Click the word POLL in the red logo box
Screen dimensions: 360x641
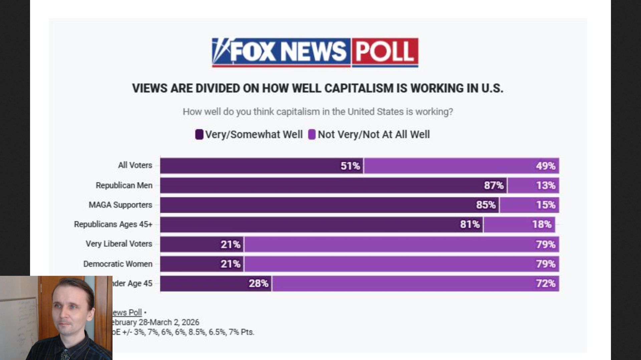coord(385,52)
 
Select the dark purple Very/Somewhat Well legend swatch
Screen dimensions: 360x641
coord(199,135)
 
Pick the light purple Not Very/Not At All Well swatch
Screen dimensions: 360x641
coord(312,135)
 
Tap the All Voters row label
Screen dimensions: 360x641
coord(135,165)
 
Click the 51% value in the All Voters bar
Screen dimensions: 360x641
coord(350,166)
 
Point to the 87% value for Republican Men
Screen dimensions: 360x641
coord(493,185)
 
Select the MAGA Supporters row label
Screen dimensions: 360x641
coord(120,205)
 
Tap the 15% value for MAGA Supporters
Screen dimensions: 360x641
coord(546,205)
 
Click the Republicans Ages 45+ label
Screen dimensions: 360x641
coord(113,224)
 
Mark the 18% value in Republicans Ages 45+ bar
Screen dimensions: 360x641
coord(542,224)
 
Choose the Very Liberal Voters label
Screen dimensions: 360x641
coord(119,244)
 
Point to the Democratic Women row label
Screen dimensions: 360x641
coord(118,264)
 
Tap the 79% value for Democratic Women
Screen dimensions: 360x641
coord(546,264)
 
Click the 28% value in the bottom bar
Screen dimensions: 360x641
coord(258,284)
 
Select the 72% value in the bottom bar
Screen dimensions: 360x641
coord(546,284)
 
